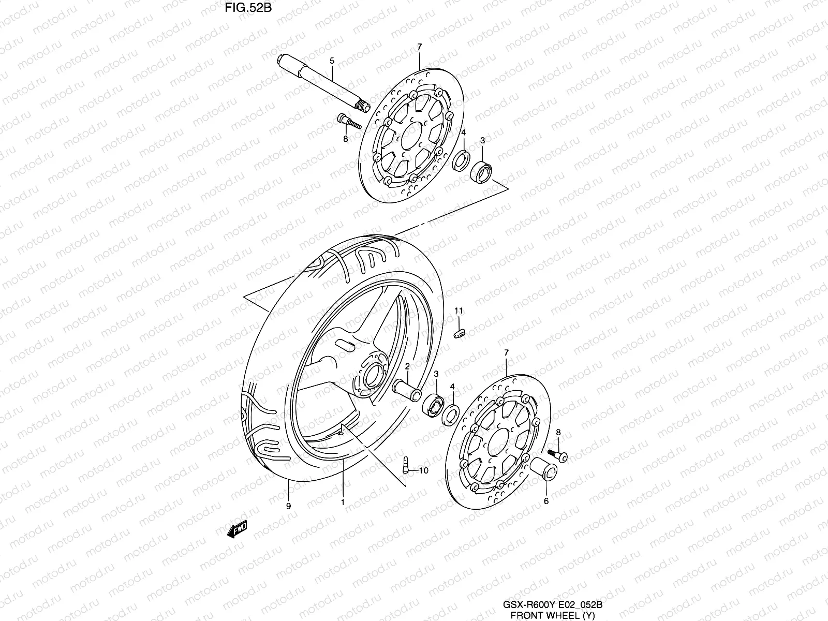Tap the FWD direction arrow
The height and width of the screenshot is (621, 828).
click(x=238, y=529)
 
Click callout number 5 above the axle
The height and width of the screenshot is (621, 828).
click(x=332, y=61)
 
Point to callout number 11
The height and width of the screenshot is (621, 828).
click(x=459, y=310)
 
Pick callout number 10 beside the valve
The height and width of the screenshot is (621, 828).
click(x=424, y=470)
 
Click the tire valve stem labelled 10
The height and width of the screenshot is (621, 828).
click(x=406, y=463)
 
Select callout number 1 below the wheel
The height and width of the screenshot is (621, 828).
click(x=342, y=501)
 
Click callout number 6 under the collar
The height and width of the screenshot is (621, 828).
click(x=545, y=500)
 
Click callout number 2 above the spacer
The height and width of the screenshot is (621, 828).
click(x=407, y=366)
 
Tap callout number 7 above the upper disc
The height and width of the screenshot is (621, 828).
click(x=419, y=47)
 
